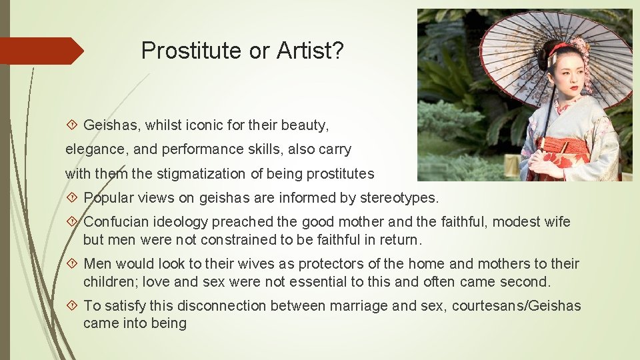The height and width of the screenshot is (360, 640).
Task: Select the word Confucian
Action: coord(114,222)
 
